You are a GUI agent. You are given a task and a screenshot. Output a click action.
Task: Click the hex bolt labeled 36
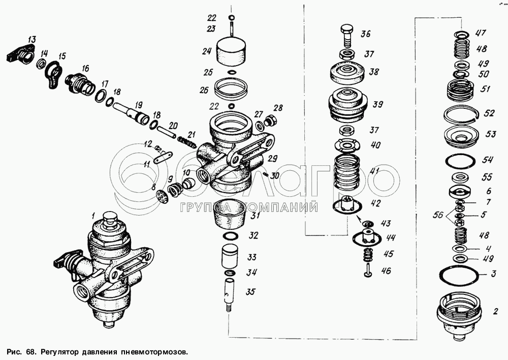point(347,36)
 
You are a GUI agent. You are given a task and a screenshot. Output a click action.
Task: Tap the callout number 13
point(31,40)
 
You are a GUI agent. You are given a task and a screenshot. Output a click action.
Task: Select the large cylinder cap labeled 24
point(231,51)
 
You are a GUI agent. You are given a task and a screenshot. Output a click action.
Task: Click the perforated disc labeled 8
point(161,196)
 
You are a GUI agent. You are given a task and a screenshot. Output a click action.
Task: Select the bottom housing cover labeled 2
point(459,315)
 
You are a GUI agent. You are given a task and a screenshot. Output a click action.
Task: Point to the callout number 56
point(438,215)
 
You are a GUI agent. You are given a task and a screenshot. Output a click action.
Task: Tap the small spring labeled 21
point(186,142)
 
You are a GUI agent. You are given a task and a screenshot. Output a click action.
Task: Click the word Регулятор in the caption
point(59,352)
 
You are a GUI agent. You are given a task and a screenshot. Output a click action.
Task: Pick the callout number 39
point(378,104)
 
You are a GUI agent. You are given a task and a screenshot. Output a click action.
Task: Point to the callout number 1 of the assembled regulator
point(93,215)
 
